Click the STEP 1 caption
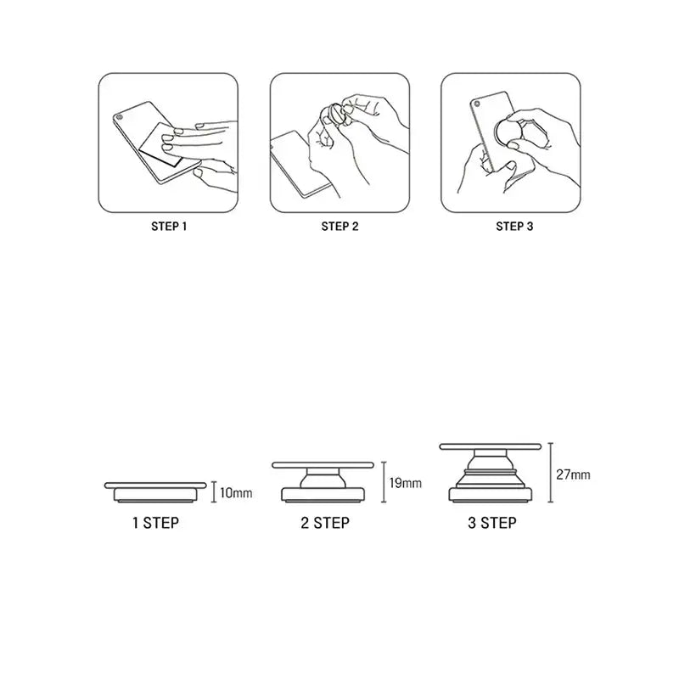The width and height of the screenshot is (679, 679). pyautogui.click(x=169, y=227)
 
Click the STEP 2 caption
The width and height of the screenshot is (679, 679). pyautogui.click(x=340, y=227)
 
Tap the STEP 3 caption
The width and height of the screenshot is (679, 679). pyautogui.click(x=514, y=227)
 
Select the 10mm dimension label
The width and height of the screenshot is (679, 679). pyautogui.click(x=236, y=493)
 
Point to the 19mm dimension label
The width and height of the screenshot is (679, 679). pyautogui.click(x=406, y=483)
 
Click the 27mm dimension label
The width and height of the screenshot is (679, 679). pyautogui.click(x=574, y=474)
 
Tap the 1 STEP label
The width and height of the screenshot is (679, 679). pyautogui.click(x=155, y=523)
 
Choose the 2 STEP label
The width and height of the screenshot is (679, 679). pyautogui.click(x=325, y=523)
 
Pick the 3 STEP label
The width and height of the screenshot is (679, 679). pyautogui.click(x=492, y=523)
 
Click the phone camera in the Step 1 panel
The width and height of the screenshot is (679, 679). pyautogui.click(x=120, y=117)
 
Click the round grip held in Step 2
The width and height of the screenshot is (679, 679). pyautogui.click(x=334, y=115)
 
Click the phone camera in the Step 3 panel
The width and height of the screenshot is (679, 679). pyautogui.click(x=477, y=104)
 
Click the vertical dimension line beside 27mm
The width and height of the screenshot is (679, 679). pyautogui.click(x=550, y=473)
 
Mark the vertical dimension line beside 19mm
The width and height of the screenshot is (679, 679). pyautogui.click(x=384, y=482)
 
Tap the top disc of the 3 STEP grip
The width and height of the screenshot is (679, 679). pyautogui.click(x=491, y=446)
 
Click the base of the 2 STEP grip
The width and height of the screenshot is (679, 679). pyautogui.click(x=323, y=495)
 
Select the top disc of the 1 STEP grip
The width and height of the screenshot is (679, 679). pyautogui.click(x=155, y=485)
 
